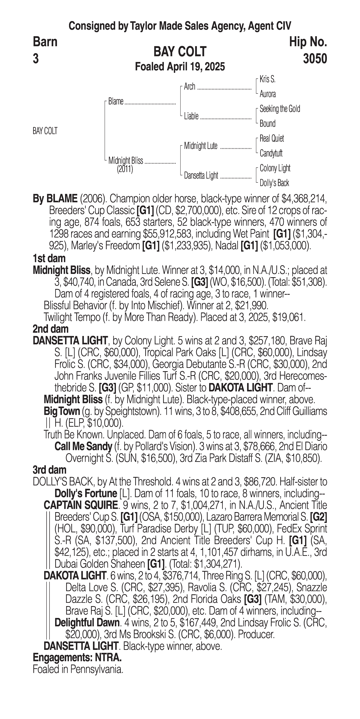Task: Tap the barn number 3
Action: [x=36, y=59]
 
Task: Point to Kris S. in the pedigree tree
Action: [x=267, y=79]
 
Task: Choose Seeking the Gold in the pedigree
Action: [x=280, y=109]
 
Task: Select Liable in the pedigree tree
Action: [x=191, y=116]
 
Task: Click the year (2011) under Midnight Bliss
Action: [x=125, y=169]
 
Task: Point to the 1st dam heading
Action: [x=49, y=258]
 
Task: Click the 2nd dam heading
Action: [x=51, y=329]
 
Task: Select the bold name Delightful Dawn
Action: [x=87, y=623]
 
